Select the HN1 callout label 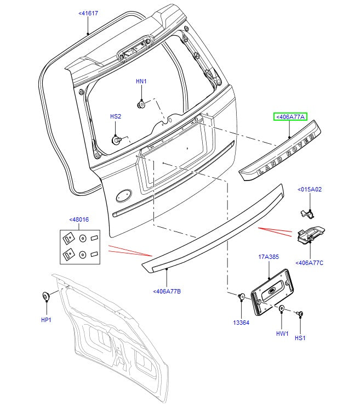(x=141, y=82)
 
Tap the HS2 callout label (x=116, y=116)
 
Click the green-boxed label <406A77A (x=290, y=116)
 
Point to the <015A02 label (x=310, y=189)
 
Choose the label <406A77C (x=310, y=263)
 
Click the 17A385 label (x=268, y=256)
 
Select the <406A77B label (x=167, y=291)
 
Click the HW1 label (x=282, y=333)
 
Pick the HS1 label (x=300, y=338)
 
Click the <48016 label (x=79, y=219)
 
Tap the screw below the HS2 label (x=116, y=139)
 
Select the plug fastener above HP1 (x=45, y=297)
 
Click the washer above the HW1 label (x=281, y=310)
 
